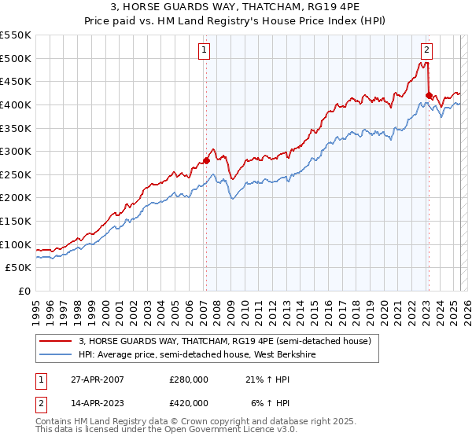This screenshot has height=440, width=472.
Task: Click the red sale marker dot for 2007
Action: click(206, 160)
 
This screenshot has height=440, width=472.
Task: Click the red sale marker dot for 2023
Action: click(429, 96)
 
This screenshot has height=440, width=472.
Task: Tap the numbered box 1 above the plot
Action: click(204, 49)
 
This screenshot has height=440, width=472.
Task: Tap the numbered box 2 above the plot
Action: click(426, 49)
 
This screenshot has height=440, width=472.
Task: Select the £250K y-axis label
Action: click(16, 174)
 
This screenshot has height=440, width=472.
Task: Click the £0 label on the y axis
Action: click(25, 291)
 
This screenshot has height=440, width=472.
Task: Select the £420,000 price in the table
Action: click(189, 402)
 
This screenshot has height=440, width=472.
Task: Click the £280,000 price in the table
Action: click(189, 379)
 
